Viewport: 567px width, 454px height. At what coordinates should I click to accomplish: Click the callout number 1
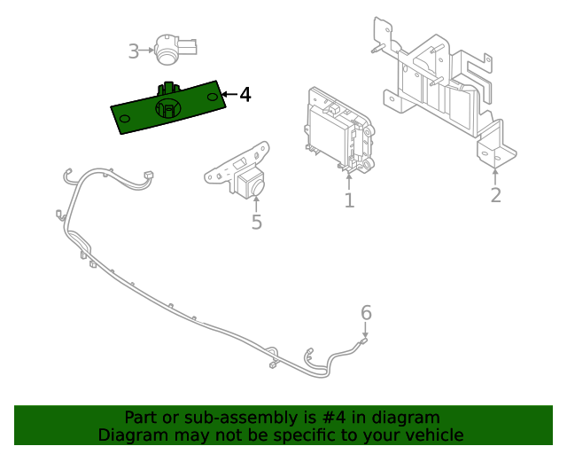pyautogui.click(x=349, y=201)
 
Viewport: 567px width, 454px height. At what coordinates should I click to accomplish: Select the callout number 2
pyautogui.click(x=495, y=195)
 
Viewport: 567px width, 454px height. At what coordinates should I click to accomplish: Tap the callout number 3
pyautogui.click(x=134, y=51)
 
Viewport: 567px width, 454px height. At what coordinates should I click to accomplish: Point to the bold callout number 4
pyautogui.click(x=245, y=94)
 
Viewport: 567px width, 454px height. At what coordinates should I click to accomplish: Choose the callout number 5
pyautogui.click(x=257, y=223)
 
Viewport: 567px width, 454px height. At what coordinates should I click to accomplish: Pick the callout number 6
pyautogui.click(x=366, y=312)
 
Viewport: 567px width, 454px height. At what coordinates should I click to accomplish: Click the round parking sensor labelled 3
pyautogui.click(x=172, y=50)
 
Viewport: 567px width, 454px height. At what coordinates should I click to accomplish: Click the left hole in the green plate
pyautogui.click(x=125, y=118)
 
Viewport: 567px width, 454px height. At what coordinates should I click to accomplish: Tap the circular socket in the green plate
pyautogui.click(x=167, y=108)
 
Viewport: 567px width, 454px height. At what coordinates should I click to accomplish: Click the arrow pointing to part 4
pyautogui.click(x=228, y=94)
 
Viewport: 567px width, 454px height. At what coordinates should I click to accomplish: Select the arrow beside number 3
pyautogui.click(x=147, y=51)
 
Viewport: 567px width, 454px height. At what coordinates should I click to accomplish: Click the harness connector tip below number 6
pyautogui.click(x=363, y=340)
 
